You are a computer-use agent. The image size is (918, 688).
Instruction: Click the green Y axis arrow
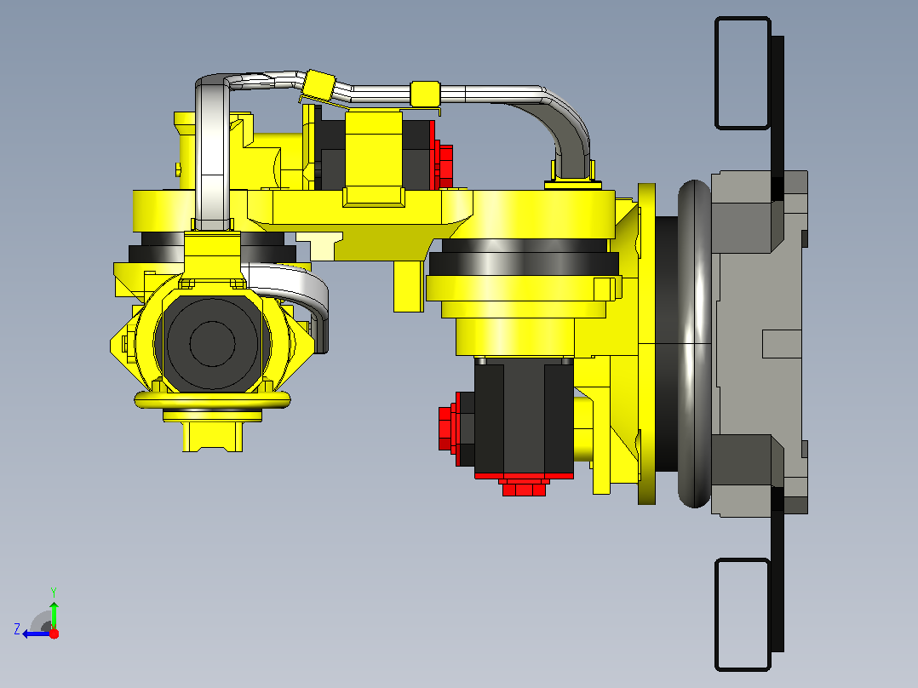[54, 615]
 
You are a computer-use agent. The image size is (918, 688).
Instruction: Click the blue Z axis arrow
[37, 634]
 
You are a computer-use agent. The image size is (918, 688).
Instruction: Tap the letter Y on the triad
[54, 592]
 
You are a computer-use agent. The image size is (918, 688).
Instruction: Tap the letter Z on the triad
[17, 629]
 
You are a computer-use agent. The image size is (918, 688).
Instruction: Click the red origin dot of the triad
[54, 634]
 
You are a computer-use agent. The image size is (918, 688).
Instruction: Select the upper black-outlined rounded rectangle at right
[743, 72]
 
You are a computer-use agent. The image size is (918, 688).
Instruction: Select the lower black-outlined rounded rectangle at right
[743, 614]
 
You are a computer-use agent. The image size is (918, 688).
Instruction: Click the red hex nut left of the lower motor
[446, 428]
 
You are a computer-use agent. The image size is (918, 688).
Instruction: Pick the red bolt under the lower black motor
[524, 486]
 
